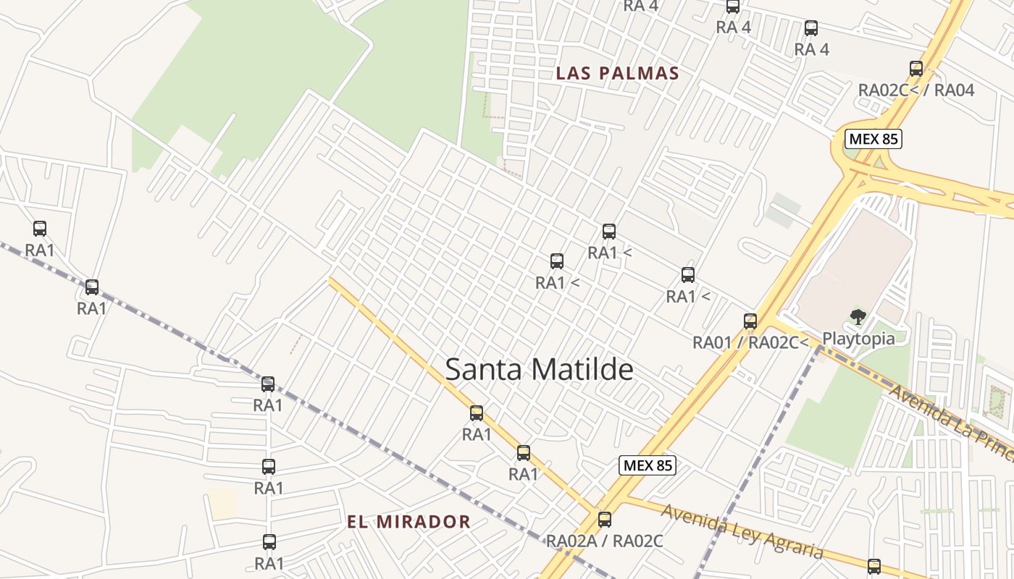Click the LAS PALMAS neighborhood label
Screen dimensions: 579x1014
pos(617,73)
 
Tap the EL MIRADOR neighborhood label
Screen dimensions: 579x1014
pos(408,522)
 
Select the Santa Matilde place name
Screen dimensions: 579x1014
pos(539,369)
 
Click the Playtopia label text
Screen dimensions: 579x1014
pos(858,339)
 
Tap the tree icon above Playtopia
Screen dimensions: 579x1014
pos(858,316)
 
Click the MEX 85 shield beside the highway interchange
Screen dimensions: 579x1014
pos(873,139)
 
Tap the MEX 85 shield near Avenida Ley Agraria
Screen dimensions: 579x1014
pos(648,465)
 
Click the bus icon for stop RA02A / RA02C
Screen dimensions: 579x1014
pos(605,519)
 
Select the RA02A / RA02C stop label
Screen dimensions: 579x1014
pos(605,541)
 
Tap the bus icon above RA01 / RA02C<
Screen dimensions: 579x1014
pos(750,321)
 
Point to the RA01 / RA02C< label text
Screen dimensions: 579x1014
pos(750,342)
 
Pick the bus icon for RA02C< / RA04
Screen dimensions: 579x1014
pos(916,69)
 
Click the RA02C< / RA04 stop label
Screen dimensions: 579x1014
pos(916,90)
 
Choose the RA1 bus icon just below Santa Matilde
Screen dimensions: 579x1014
pos(477,413)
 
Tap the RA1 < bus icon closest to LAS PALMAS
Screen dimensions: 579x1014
pos(609,232)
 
